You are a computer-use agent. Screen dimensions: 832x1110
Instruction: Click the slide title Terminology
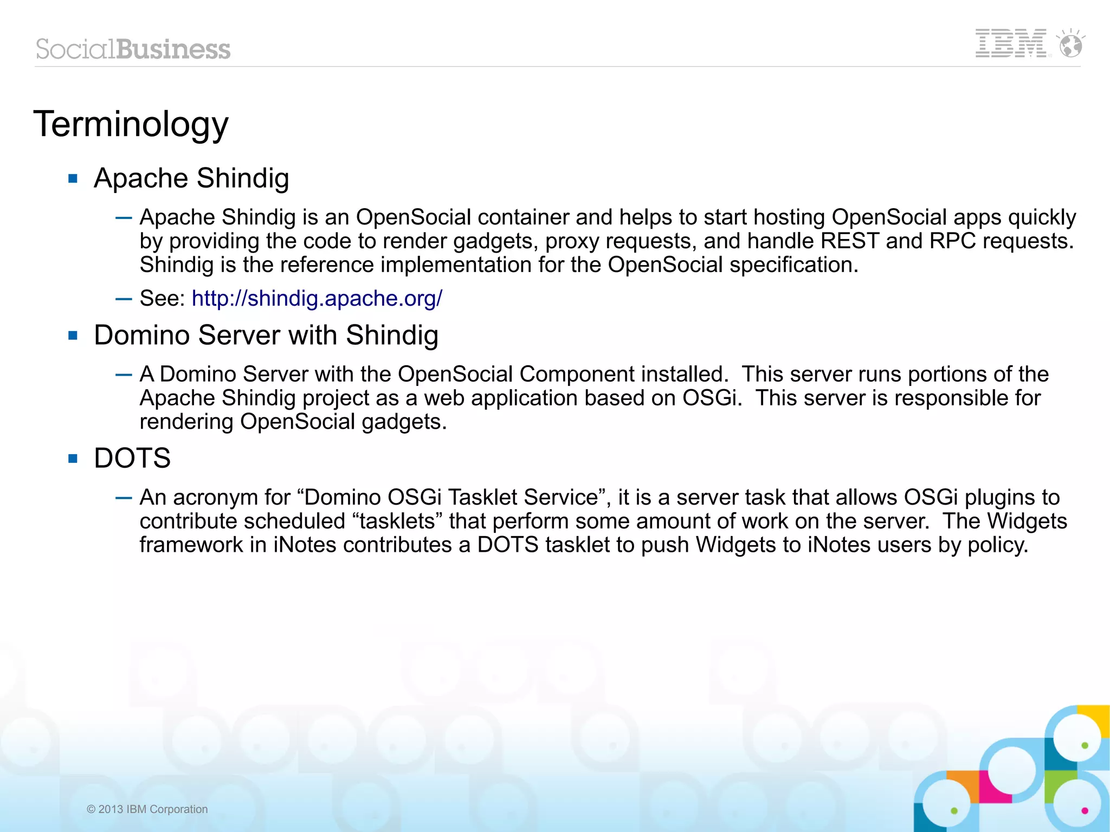click(x=131, y=125)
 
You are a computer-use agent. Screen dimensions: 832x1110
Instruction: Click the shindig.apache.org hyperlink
click(x=317, y=299)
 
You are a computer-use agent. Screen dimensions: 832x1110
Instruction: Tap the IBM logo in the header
click(x=1010, y=43)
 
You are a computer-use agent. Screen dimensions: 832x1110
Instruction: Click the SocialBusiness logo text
click(x=133, y=49)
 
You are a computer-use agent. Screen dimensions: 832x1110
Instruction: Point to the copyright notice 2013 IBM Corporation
click(x=147, y=809)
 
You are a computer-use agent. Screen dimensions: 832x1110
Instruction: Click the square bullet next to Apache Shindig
click(x=73, y=179)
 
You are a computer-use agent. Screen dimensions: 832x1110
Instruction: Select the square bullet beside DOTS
click(x=73, y=459)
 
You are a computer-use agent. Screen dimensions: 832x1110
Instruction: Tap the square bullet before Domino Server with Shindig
click(x=73, y=336)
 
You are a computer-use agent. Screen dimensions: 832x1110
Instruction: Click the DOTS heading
click(x=132, y=459)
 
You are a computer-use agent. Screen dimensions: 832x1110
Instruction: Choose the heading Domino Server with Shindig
click(x=266, y=336)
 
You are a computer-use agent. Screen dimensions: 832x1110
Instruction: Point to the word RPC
click(x=952, y=241)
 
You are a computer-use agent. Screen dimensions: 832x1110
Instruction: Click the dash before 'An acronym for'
click(x=124, y=498)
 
